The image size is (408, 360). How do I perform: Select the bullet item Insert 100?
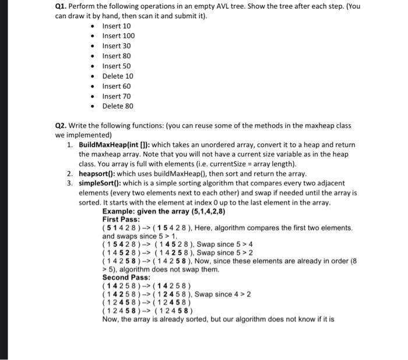[x=118, y=36]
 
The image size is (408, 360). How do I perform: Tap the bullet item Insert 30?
[x=117, y=46]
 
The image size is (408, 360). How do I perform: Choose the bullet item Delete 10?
[x=118, y=76]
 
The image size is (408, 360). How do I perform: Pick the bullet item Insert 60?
[x=117, y=86]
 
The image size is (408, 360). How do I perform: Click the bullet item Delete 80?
[x=118, y=106]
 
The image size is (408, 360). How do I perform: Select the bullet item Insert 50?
[x=117, y=66]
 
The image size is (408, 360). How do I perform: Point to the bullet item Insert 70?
[x=117, y=96]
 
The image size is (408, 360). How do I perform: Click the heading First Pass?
[x=119, y=219]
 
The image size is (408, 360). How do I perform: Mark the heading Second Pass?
[x=124, y=277]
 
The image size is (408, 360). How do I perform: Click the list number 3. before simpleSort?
[x=69, y=184]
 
